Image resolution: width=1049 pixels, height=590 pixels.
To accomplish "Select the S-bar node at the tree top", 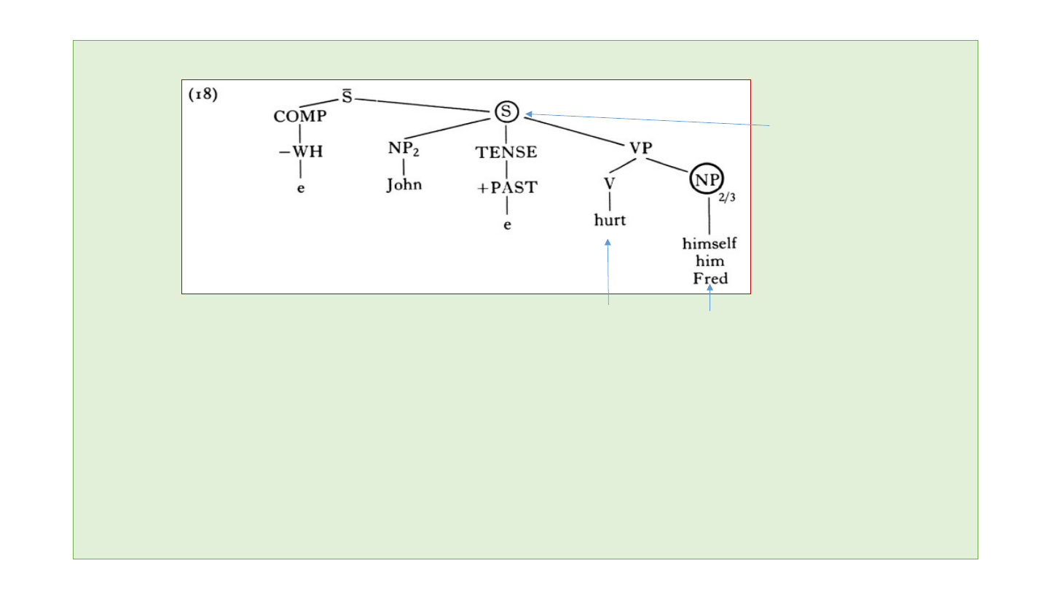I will tap(347, 99).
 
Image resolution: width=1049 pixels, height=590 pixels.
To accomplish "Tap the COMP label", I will tap(300, 117).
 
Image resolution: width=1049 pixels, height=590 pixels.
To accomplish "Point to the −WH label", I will tap(300, 153).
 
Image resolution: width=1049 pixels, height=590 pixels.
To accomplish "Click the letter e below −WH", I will tap(300, 187).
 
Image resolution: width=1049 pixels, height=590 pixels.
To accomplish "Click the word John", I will tap(404, 184).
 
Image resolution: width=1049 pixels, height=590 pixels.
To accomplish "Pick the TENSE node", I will tap(506, 152).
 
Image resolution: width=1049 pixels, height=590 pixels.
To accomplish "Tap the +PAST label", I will tap(507, 187).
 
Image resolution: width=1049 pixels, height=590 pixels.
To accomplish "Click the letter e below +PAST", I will tap(507, 224).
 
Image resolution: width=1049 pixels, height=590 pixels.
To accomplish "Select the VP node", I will tap(640, 147).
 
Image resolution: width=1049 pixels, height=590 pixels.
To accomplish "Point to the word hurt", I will tap(610, 220).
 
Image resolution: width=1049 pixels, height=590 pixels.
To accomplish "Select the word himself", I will tap(710, 245).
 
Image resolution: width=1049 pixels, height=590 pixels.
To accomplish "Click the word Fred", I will tap(710, 279).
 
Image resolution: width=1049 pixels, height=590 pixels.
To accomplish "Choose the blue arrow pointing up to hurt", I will tap(608, 273).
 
